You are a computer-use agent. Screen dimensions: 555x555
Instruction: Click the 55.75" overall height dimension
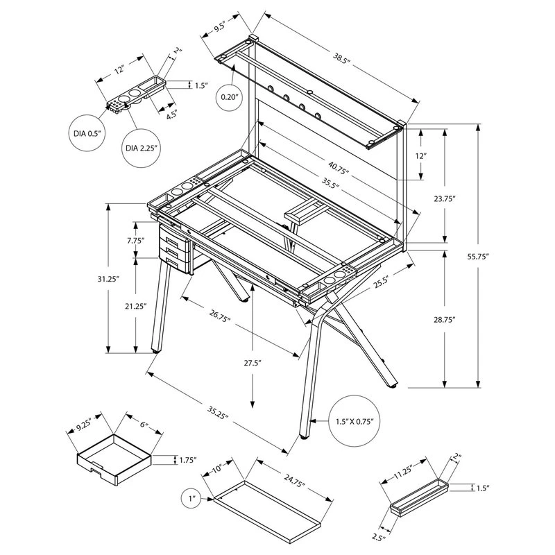[479, 256]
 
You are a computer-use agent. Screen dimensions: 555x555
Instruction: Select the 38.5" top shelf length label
[339, 61]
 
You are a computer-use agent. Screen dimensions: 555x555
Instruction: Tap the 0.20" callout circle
[229, 96]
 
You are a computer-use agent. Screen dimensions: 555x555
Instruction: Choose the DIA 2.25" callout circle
[142, 147]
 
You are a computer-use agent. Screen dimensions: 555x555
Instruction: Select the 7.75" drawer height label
[136, 241]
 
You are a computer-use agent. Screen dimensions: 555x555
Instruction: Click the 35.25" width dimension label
[216, 413]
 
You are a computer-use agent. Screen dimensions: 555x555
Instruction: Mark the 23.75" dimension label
[443, 198]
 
